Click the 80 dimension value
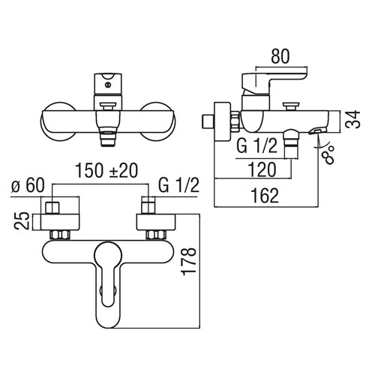coord(280,56)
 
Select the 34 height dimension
coord(352,119)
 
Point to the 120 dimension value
coord(262,169)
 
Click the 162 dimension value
coord(265,196)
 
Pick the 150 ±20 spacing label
coord(106,170)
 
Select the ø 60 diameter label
coord(28,185)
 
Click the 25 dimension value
coord(22,220)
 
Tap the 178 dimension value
coord(189,262)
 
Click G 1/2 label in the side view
coord(257,146)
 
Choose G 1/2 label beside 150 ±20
coord(179,185)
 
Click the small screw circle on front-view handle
coord(108,85)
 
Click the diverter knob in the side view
coord(290,106)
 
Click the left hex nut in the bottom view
coord(60,235)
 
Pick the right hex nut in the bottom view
coord(156,235)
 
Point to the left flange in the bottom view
coord(60,222)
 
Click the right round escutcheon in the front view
coord(158,121)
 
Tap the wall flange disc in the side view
coord(222,121)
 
